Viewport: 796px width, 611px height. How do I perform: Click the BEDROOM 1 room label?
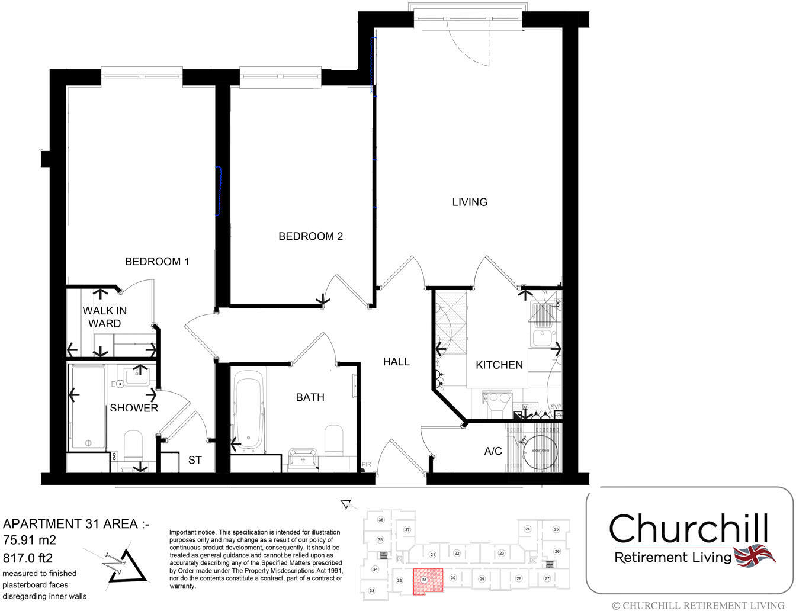point(157,261)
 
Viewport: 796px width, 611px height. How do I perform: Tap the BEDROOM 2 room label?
point(310,236)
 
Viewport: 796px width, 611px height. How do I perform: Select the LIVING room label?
point(470,202)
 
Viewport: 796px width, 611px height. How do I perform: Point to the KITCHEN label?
point(499,365)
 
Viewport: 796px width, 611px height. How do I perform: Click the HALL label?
point(396,361)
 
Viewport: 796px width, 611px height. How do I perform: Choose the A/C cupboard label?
point(493,451)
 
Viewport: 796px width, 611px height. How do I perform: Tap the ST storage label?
point(195,460)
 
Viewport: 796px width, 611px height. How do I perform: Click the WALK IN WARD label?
point(104,317)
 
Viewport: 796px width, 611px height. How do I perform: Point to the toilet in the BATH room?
point(334,440)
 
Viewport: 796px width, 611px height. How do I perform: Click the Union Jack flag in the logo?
point(754,557)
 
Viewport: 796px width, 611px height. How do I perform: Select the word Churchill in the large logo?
point(689,528)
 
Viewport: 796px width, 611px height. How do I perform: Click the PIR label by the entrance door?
point(367,465)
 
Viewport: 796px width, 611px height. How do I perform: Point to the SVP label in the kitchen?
point(556,407)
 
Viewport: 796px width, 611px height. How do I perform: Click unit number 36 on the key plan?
point(381,520)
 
